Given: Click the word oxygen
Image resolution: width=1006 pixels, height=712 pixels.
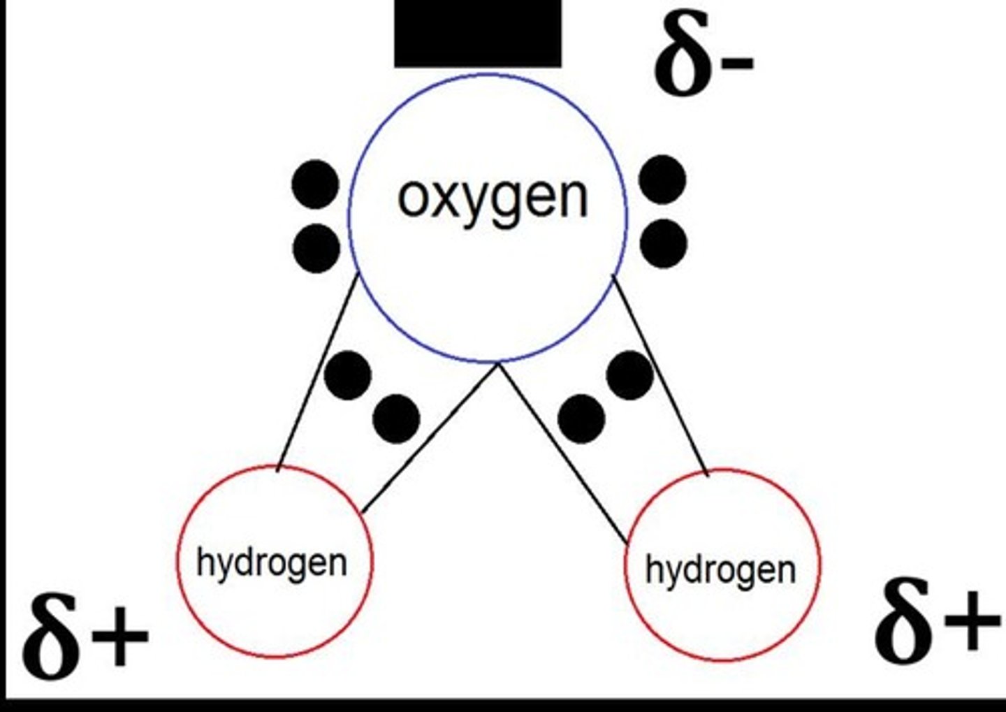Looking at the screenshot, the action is click(493, 198).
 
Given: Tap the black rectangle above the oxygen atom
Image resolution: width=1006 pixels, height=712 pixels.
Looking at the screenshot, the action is click(478, 33).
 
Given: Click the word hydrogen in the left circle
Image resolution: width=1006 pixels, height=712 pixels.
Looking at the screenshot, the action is click(272, 563).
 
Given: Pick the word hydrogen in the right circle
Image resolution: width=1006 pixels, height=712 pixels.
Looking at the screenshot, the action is click(720, 570).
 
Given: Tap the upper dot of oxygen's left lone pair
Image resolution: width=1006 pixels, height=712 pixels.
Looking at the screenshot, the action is click(316, 184).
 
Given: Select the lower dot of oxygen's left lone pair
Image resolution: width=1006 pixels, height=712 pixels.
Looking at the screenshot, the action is click(316, 247).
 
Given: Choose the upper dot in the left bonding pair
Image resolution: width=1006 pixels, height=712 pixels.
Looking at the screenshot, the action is click(348, 375).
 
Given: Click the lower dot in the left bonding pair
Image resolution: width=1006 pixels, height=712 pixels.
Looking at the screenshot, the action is click(396, 419).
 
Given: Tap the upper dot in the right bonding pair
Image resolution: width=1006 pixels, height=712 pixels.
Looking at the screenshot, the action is click(630, 375).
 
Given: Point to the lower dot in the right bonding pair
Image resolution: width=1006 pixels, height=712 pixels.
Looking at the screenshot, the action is click(581, 418).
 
